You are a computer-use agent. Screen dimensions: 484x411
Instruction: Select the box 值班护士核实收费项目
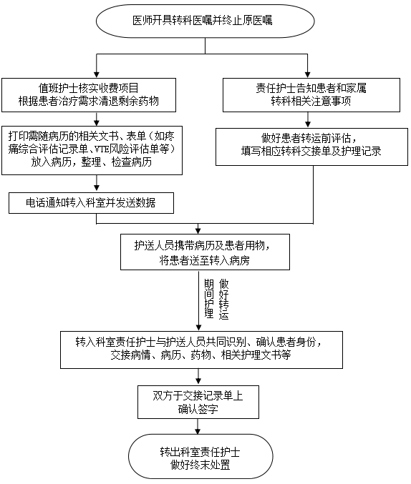tap(97, 94)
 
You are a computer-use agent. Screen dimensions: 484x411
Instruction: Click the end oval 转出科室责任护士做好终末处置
tap(200, 458)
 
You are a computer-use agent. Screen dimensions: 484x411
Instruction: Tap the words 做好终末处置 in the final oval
tap(200, 465)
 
